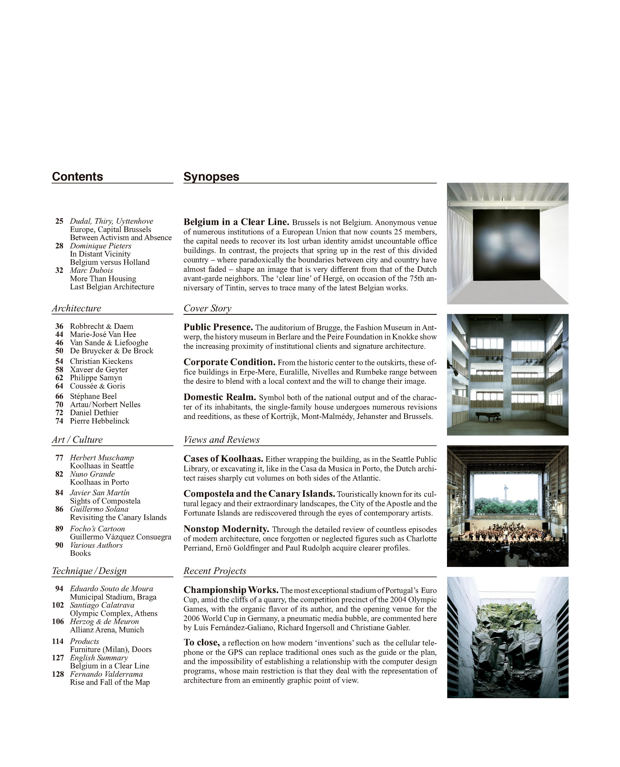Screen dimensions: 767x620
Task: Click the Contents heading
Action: (77, 177)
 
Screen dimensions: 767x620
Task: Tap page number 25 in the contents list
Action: (59, 221)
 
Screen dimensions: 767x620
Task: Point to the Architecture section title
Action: (76, 309)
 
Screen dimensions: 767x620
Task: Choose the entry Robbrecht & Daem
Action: (101, 326)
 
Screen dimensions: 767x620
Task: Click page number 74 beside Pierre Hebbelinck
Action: (59, 421)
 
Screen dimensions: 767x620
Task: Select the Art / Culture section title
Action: (77, 440)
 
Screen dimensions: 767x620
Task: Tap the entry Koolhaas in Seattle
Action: (102, 466)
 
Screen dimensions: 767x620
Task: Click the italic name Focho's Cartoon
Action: (97, 529)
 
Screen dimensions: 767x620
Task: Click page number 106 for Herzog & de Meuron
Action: (58, 622)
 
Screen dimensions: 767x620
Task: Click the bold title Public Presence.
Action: (218, 328)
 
